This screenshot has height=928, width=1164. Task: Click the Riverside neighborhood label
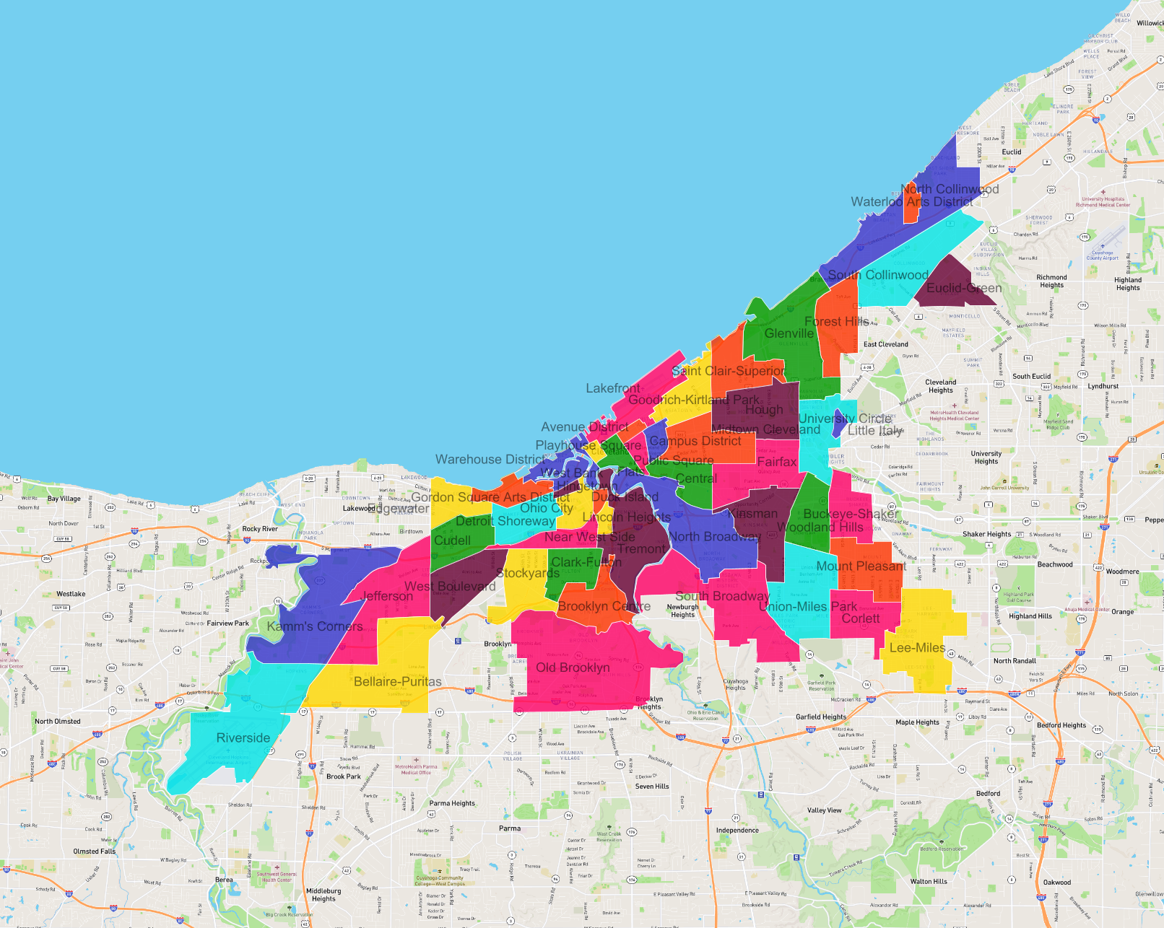(x=243, y=738)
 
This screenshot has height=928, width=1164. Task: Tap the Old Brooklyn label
(x=573, y=667)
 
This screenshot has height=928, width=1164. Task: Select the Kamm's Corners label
(x=315, y=626)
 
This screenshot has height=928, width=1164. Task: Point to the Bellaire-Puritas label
(x=398, y=682)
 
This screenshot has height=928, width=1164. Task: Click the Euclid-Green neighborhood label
(x=964, y=289)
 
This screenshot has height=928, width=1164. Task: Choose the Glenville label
(x=789, y=333)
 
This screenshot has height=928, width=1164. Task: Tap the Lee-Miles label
(x=917, y=648)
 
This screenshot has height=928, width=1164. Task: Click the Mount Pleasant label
(x=861, y=566)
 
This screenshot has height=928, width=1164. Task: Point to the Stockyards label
(x=528, y=573)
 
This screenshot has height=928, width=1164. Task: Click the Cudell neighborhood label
(x=452, y=540)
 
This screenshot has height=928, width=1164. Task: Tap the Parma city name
(x=510, y=828)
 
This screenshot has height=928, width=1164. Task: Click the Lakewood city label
(x=359, y=508)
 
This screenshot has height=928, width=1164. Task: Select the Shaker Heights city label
(x=986, y=535)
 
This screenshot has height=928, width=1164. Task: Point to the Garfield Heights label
(x=821, y=717)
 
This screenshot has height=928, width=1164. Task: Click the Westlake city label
(x=71, y=595)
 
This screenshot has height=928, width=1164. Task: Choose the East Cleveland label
(x=886, y=344)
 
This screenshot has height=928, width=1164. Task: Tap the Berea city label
(x=224, y=880)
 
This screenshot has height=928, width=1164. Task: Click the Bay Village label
(x=64, y=499)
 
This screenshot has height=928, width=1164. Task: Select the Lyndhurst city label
(x=1103, y=386)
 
